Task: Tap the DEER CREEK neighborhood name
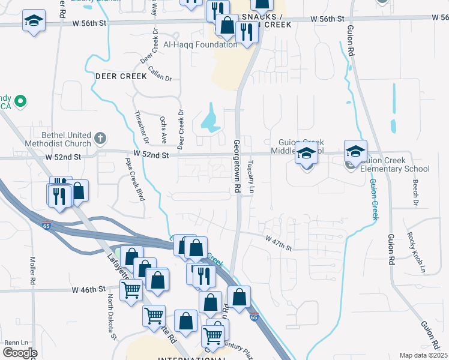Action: pyautogui.click(x=121, y=76)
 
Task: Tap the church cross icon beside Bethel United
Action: pyautogui.click(x=100, y=139)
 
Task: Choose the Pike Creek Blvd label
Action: pyautogui.click(x=134, y=179)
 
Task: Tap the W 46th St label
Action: pyautogui.click(x=88, y=289)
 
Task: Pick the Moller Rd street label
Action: pyautogui.click(x=32, y=271)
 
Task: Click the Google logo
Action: pyautogui.click(x=19, y=353)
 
